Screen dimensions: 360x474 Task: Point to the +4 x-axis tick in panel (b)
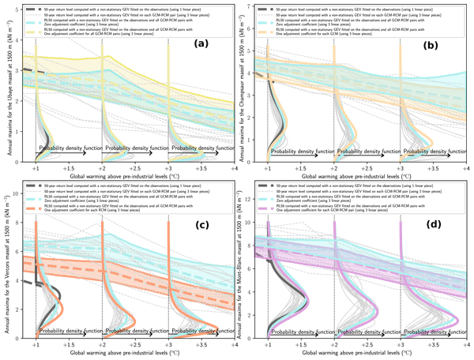click(x=467, y=169)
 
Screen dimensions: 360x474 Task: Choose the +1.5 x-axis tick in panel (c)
click(x=68, y=345)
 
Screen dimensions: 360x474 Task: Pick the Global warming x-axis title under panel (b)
click(x=367, y=178)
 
